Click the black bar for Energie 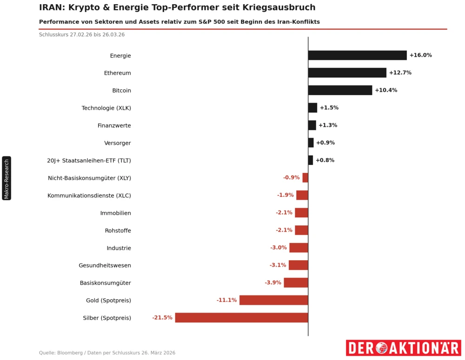pyautogui.click(x=357, y=55)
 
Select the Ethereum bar pyautogui.click(x=347, y=73)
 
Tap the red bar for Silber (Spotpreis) pyautogui.click(x=241, y=318)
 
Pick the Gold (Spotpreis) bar pyautogui.click(x=273, y=300)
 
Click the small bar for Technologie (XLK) pyautogui.click(x=312, y=108)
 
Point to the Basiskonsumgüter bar pyautogui.click(x=296, y=282)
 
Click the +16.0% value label pyautogui.click(x=420, y=55)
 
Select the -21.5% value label pyautogui.click(x=162, y=318)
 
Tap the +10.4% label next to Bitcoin pyautogui.click(x=386, y=90)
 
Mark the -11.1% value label pyautogui.click(x=226, y=300)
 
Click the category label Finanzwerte pyautogui.click(x=114, y=125)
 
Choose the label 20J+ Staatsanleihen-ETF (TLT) pyautogui.click(x=89, y=161)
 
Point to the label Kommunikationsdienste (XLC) pyautogui.click(x=89, y=196)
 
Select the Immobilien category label pyautogui.click(x=115, y=213)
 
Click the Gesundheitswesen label pyautogui.click(x=105, y=266)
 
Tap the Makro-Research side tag pyautogui.click(x=7, y=178)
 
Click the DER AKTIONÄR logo pyautogui.click(x=403, y=347)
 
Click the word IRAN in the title pyautogui.click(x=51, y=7)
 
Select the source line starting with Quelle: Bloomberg pyautogui.click(x=107, y=353)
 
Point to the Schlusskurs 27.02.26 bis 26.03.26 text pyautogui.click(x=82, y=35)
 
